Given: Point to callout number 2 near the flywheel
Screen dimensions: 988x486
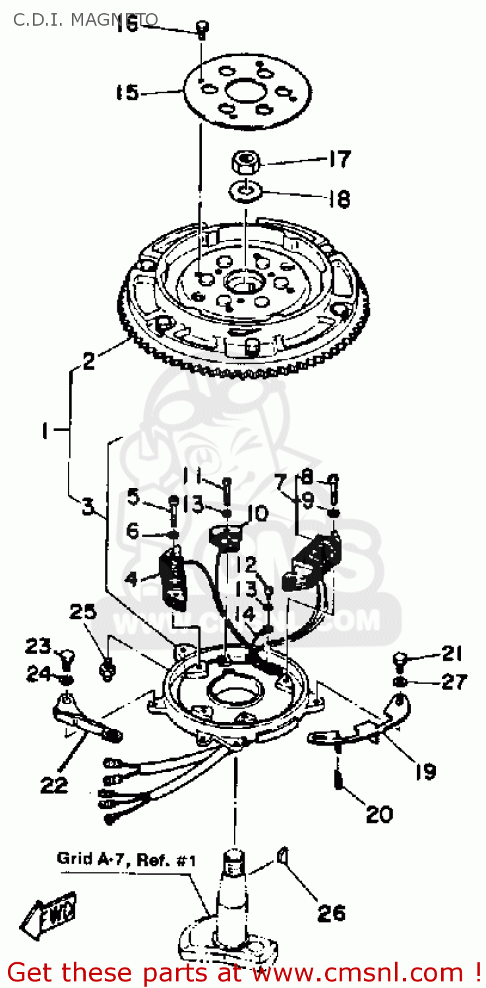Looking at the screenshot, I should [89, 360].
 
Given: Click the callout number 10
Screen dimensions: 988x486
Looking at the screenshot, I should [257, 513].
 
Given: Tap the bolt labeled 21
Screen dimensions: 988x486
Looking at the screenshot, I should [400, 658].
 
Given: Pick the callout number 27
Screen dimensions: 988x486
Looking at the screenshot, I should [454, 682].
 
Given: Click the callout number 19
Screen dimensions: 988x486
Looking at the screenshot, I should [425, 771].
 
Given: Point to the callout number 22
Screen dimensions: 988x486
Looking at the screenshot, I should [54, 784].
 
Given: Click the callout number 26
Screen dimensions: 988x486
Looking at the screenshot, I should [330, 913].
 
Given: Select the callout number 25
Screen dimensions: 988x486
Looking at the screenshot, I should [84, 612].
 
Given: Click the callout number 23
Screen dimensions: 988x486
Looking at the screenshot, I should [39, 647].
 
